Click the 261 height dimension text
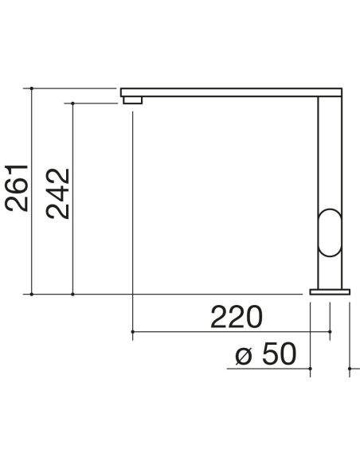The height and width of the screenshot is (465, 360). coord(17,188)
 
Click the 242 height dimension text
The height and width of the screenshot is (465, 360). coord(58,193)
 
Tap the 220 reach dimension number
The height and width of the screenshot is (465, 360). coord(237,316)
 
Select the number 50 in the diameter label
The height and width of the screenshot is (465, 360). coord(280,354)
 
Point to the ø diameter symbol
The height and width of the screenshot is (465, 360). coord(244,356)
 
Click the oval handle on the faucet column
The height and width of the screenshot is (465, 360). coord(330,232)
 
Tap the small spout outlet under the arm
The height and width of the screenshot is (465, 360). coord(132,100)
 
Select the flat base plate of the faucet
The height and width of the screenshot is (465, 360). coord(330,291)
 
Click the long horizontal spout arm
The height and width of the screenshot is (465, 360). coord(231,92)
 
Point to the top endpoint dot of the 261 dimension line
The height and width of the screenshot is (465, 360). coord(32,88)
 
